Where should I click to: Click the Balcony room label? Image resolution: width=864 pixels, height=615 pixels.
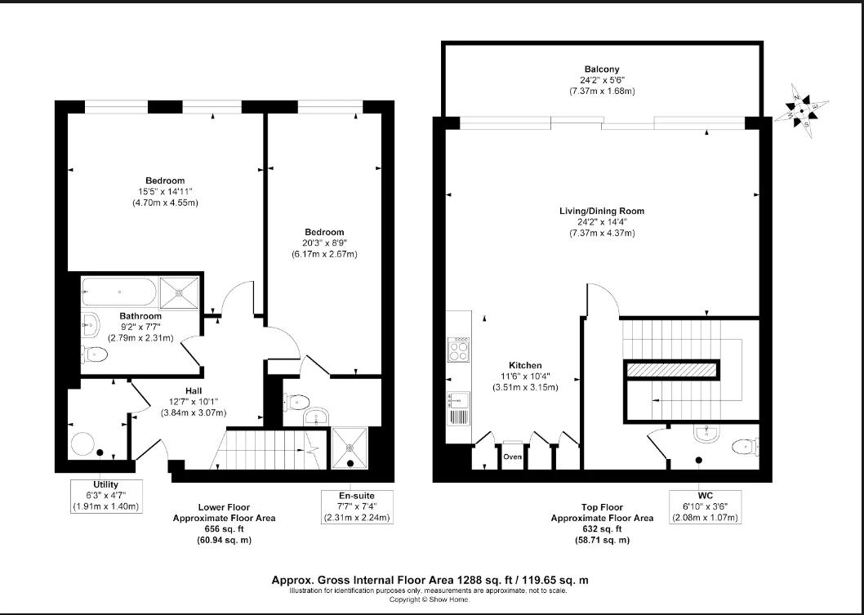[601, 69]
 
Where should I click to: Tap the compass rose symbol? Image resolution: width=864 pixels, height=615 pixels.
[803, 112]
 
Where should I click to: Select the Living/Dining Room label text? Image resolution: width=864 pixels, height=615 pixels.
[601, 212]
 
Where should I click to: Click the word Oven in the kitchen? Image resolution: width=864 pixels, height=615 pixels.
[512, 457]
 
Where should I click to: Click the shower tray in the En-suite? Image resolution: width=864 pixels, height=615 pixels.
[352, 447]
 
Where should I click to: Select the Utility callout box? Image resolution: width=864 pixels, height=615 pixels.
[105, 496]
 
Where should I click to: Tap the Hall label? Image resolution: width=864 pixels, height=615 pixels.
[195, 390]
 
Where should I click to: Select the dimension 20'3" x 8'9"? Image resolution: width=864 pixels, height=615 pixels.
[324, 243]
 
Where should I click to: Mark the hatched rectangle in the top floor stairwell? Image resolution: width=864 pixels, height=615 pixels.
[671, 370]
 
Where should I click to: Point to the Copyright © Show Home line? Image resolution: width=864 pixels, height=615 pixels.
[430, 599]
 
